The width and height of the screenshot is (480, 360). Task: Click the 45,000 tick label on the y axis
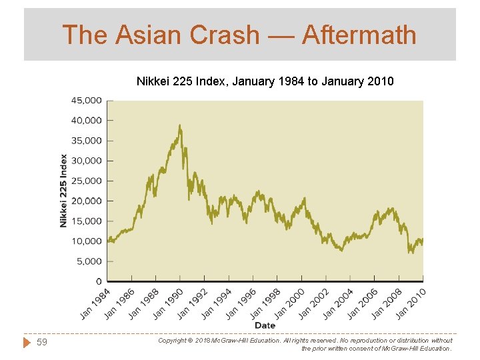(86, 101)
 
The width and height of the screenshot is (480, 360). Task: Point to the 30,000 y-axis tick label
(86, 161)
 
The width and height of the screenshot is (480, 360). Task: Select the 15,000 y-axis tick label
(86, 221)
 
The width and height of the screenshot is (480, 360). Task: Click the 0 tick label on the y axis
(98, 281)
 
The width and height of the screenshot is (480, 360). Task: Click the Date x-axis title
(265, 325)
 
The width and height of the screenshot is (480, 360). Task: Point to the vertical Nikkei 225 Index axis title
(64, 191)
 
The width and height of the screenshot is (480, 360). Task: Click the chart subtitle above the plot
(265, 81)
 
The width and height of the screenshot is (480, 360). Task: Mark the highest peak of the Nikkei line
(180, 125)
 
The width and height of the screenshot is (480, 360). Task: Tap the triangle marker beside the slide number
(27, 343)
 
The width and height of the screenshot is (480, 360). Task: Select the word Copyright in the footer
(173, 341)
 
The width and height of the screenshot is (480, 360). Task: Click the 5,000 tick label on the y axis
(89, 261)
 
